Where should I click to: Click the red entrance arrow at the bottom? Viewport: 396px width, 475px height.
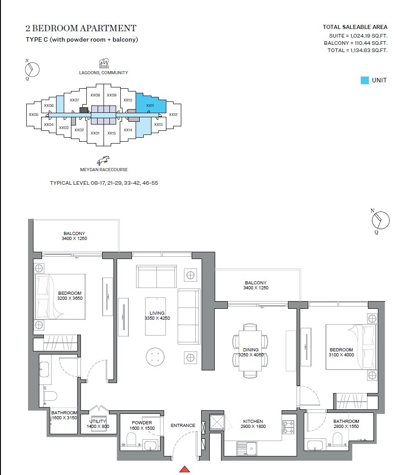[x=184, y=469]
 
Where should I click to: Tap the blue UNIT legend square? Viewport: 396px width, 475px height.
[x=364, y=80]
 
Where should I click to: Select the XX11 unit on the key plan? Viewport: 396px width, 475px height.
[x=150, y=106]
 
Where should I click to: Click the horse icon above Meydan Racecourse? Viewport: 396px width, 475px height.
[x=103, y=161]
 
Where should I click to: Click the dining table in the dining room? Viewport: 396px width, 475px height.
[x=250, y=350]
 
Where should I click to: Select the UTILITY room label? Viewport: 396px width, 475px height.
[x=98, y=421]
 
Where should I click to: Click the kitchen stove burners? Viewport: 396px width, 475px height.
[x=288, y=427]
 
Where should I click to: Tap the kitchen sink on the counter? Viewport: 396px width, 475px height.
[x=246, y=448]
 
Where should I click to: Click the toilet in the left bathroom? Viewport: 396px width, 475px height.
[x=51, y=397]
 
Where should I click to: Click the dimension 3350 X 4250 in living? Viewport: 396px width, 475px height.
[x=157, y=319]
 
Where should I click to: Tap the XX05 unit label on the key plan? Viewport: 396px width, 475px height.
[x=34, y=115]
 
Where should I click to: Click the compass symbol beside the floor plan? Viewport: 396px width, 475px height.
[x=380, y=221]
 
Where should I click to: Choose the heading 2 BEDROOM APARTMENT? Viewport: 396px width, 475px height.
[x=81, y=29]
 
